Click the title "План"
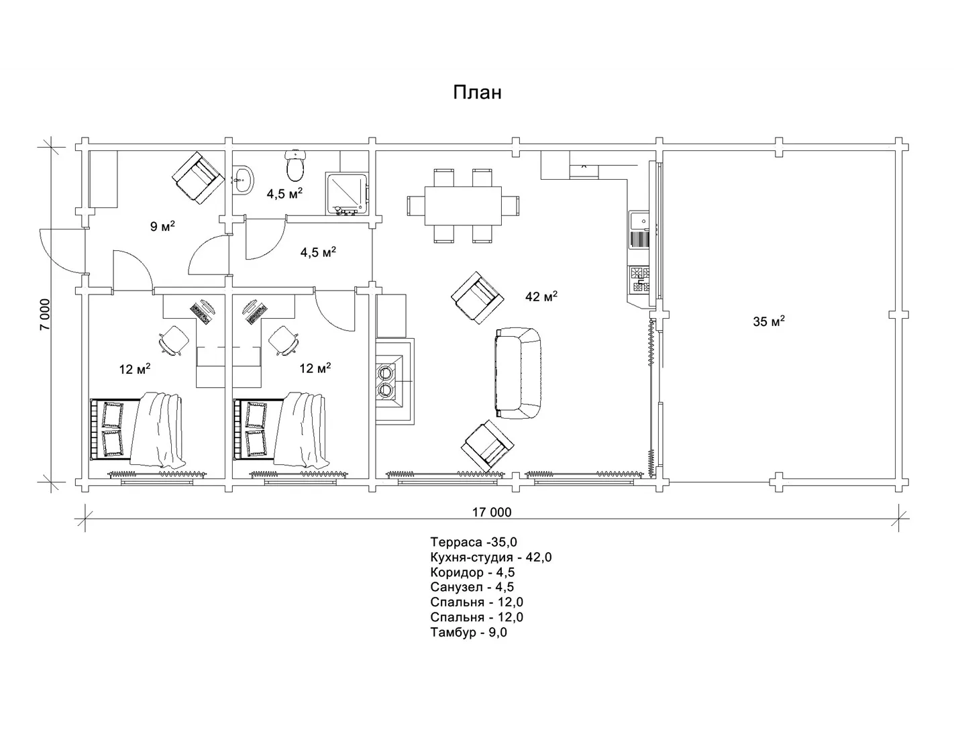(477, 93)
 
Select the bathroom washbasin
(243, 180)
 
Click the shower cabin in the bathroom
(347, 193)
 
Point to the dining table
(463, 206)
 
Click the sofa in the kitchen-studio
(518, 373)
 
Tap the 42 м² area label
(541, 297)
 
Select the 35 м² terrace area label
(769, 321)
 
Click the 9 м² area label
(162, 226)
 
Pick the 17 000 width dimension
(492, 512)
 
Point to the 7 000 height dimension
(46, 315)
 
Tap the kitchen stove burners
(640, 280)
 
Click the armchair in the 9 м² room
(198, 177)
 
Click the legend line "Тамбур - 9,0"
(468, 632)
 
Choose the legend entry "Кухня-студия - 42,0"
(491, 557)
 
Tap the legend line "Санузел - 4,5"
(472, 587)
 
